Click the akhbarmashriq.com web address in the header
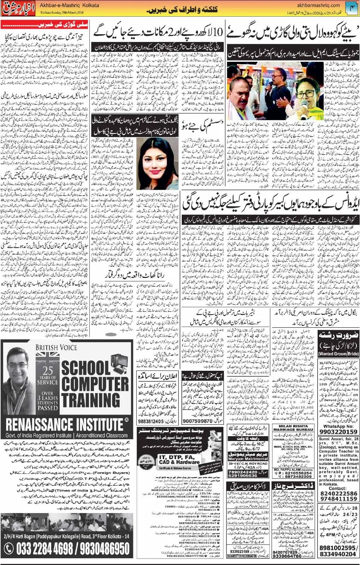317,5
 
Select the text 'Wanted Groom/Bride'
338,353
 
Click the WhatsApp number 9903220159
338,432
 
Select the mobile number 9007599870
198,421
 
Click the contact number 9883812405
151,421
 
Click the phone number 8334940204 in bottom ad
338,554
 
